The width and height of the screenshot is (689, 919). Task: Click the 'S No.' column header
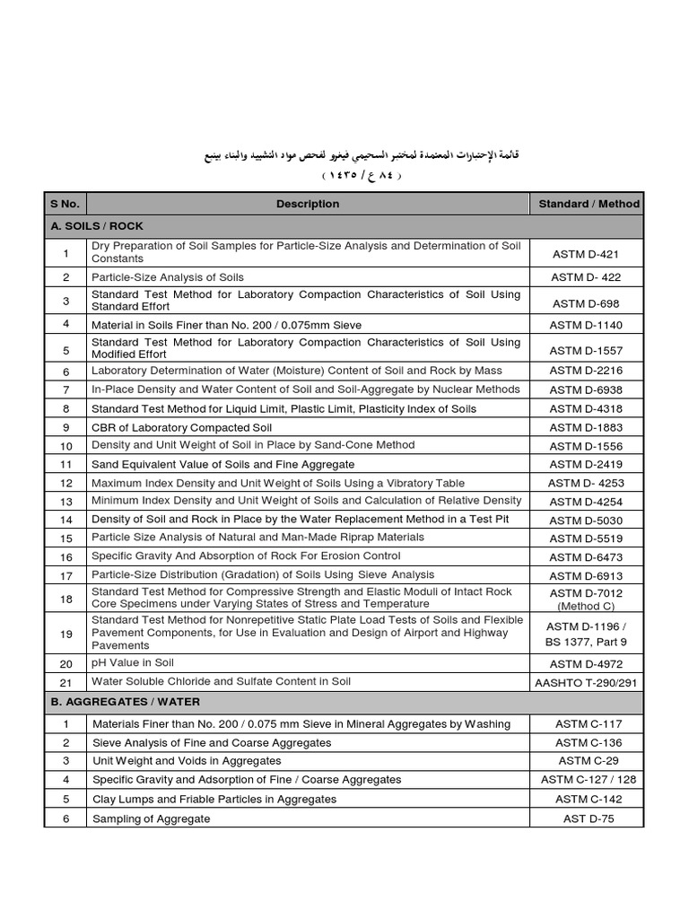[65, 204]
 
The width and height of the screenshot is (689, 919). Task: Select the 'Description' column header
[308, 204]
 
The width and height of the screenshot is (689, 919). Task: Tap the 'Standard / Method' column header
[589, 204]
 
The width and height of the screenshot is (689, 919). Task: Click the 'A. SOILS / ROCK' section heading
[98, 226]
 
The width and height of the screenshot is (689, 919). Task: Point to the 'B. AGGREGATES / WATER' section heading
[126, 701]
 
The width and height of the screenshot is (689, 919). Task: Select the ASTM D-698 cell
[586, 303]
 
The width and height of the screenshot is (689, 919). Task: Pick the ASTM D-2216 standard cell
[586, 371]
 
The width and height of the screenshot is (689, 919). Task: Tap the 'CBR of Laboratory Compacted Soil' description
[179, 427]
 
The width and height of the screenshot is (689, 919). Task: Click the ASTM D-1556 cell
[586, 446]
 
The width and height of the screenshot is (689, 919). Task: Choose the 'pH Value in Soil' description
[133, 662]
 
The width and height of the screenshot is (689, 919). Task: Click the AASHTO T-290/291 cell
[586, 683]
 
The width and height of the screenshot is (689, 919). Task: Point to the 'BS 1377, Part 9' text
[586, 641]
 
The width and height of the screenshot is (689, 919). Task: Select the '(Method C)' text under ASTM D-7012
[586, 607]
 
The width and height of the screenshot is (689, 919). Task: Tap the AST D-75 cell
[586, 818]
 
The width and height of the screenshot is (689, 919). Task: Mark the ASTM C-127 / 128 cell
[588, 780]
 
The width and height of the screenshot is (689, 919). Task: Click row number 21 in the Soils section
[65, 683]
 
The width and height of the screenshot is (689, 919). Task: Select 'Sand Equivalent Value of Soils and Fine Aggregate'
[222, 465]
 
